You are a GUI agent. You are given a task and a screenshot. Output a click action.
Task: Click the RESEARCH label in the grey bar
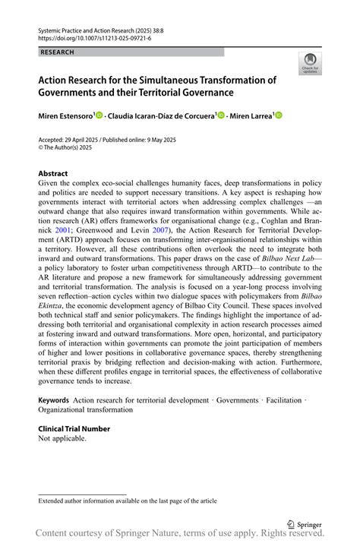pyautogui.click(x=58, y=52)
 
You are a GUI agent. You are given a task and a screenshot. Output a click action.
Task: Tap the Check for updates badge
pyautogui.click(x=309, y=63)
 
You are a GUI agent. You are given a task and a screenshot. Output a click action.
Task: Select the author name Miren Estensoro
pyautogui.click(x=65, y=115)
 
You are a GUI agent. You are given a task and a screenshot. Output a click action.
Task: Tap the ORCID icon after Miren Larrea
pyautogui.click(x=278, y=115)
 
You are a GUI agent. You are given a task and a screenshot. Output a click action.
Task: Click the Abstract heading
pyautogui.click(x=53, y=174)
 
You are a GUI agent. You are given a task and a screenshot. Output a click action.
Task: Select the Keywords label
pyautogui.click(x=54, y=399)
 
